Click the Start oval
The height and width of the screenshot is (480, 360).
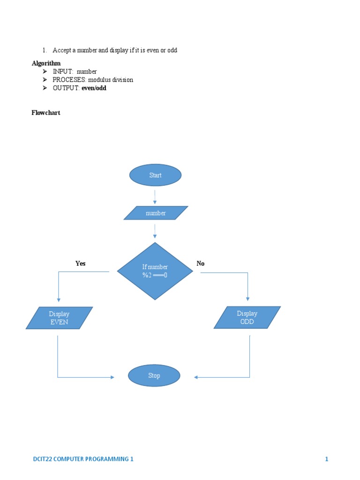point(155,175)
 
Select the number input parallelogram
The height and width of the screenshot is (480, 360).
point(156,213)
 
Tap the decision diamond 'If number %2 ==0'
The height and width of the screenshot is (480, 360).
point(155,271)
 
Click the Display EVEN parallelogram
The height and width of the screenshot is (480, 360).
point(59,318)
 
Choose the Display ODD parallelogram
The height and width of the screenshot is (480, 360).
point(247,317)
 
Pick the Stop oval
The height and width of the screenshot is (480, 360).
point(154,375)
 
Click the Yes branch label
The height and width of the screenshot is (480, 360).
point(81,263)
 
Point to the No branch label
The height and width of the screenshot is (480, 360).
point(201,263)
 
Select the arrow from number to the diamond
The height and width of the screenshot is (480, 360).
point(155,231)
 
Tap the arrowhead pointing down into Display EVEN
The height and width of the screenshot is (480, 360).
point(58,300)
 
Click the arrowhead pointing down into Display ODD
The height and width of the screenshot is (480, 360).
point(248,299)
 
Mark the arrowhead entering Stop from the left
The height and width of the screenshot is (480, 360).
point(112,377)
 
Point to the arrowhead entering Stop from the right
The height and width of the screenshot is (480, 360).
point(196,377)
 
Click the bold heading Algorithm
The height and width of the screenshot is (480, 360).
point(46,63)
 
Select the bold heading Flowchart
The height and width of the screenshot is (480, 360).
point(46,113)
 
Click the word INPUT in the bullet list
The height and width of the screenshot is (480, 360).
point(63,72)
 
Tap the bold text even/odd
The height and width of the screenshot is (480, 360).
point(94,88)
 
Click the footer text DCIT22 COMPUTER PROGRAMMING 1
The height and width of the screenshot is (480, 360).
point(80,459)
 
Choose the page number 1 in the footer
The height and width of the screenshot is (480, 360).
point(327,459)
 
